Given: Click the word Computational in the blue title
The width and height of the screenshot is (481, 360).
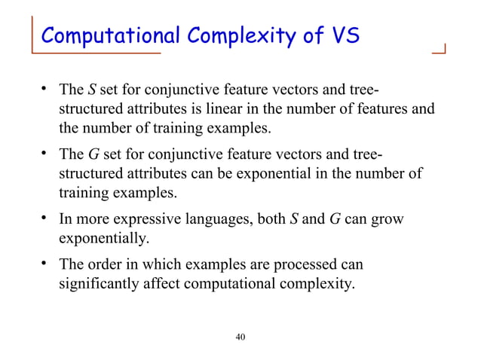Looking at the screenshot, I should [100, 35].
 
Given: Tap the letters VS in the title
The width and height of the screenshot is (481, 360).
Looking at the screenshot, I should [342, 35].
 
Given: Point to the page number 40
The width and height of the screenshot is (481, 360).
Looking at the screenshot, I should [240, 336].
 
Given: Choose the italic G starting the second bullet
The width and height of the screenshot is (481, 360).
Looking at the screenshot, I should [93, 157].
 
